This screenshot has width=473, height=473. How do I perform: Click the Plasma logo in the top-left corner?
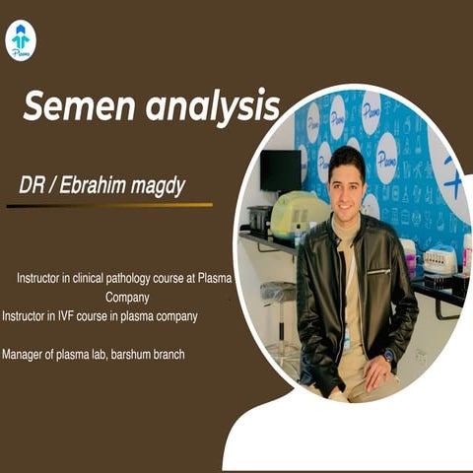[20, 40]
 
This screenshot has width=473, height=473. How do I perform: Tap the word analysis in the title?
[212, 106]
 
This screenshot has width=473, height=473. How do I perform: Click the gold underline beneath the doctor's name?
[108, 205]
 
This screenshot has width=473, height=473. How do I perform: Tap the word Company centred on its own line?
[127, 296]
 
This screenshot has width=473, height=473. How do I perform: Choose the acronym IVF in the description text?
[75, 316]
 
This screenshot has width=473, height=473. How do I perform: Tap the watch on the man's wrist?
[388, 354]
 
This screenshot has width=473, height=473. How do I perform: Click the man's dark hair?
[346, 156]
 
